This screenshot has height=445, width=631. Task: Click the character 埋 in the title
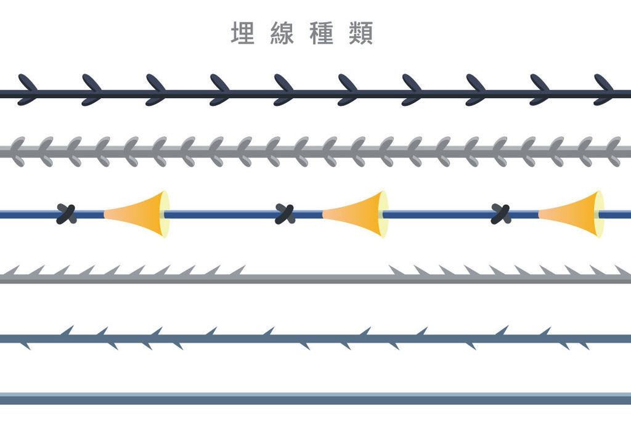242,33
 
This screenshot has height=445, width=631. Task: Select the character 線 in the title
282,33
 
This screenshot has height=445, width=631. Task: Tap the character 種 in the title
322,33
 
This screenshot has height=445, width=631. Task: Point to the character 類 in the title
361,33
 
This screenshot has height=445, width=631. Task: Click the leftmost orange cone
136,214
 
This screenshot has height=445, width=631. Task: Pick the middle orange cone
355,214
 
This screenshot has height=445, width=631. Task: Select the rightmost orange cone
571,214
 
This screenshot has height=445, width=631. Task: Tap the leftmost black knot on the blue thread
67,214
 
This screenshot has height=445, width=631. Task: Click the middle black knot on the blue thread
285,214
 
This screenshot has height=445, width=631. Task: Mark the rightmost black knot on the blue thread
501,214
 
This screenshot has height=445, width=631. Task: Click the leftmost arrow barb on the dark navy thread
27,90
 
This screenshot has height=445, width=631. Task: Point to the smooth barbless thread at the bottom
315,399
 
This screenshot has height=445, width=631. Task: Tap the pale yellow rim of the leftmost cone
165,214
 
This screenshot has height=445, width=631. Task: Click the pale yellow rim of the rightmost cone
600,214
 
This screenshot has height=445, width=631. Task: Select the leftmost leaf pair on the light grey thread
17,151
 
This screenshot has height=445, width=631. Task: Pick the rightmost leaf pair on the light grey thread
613,151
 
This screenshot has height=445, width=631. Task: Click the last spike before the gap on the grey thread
237,271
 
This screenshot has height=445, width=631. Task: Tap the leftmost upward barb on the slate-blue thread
67,332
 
